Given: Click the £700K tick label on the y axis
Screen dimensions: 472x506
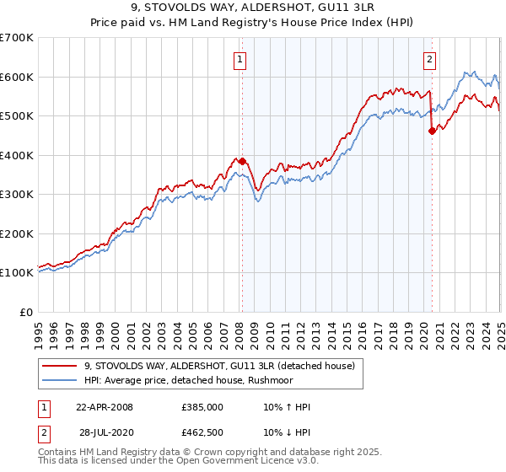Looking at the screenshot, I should [x=17, y=38].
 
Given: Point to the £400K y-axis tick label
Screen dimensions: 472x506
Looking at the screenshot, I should [x=17, y=155].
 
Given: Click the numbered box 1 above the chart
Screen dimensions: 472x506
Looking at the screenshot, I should [x=241, y=59].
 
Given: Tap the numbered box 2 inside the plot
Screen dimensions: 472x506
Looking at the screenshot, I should [x=430, y=59].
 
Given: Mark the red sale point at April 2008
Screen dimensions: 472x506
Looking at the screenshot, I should [x=242, y=161].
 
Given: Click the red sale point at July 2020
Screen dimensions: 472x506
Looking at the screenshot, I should [x=432, y=131].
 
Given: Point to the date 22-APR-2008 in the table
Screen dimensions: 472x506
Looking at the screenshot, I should [x=105, y=407].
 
